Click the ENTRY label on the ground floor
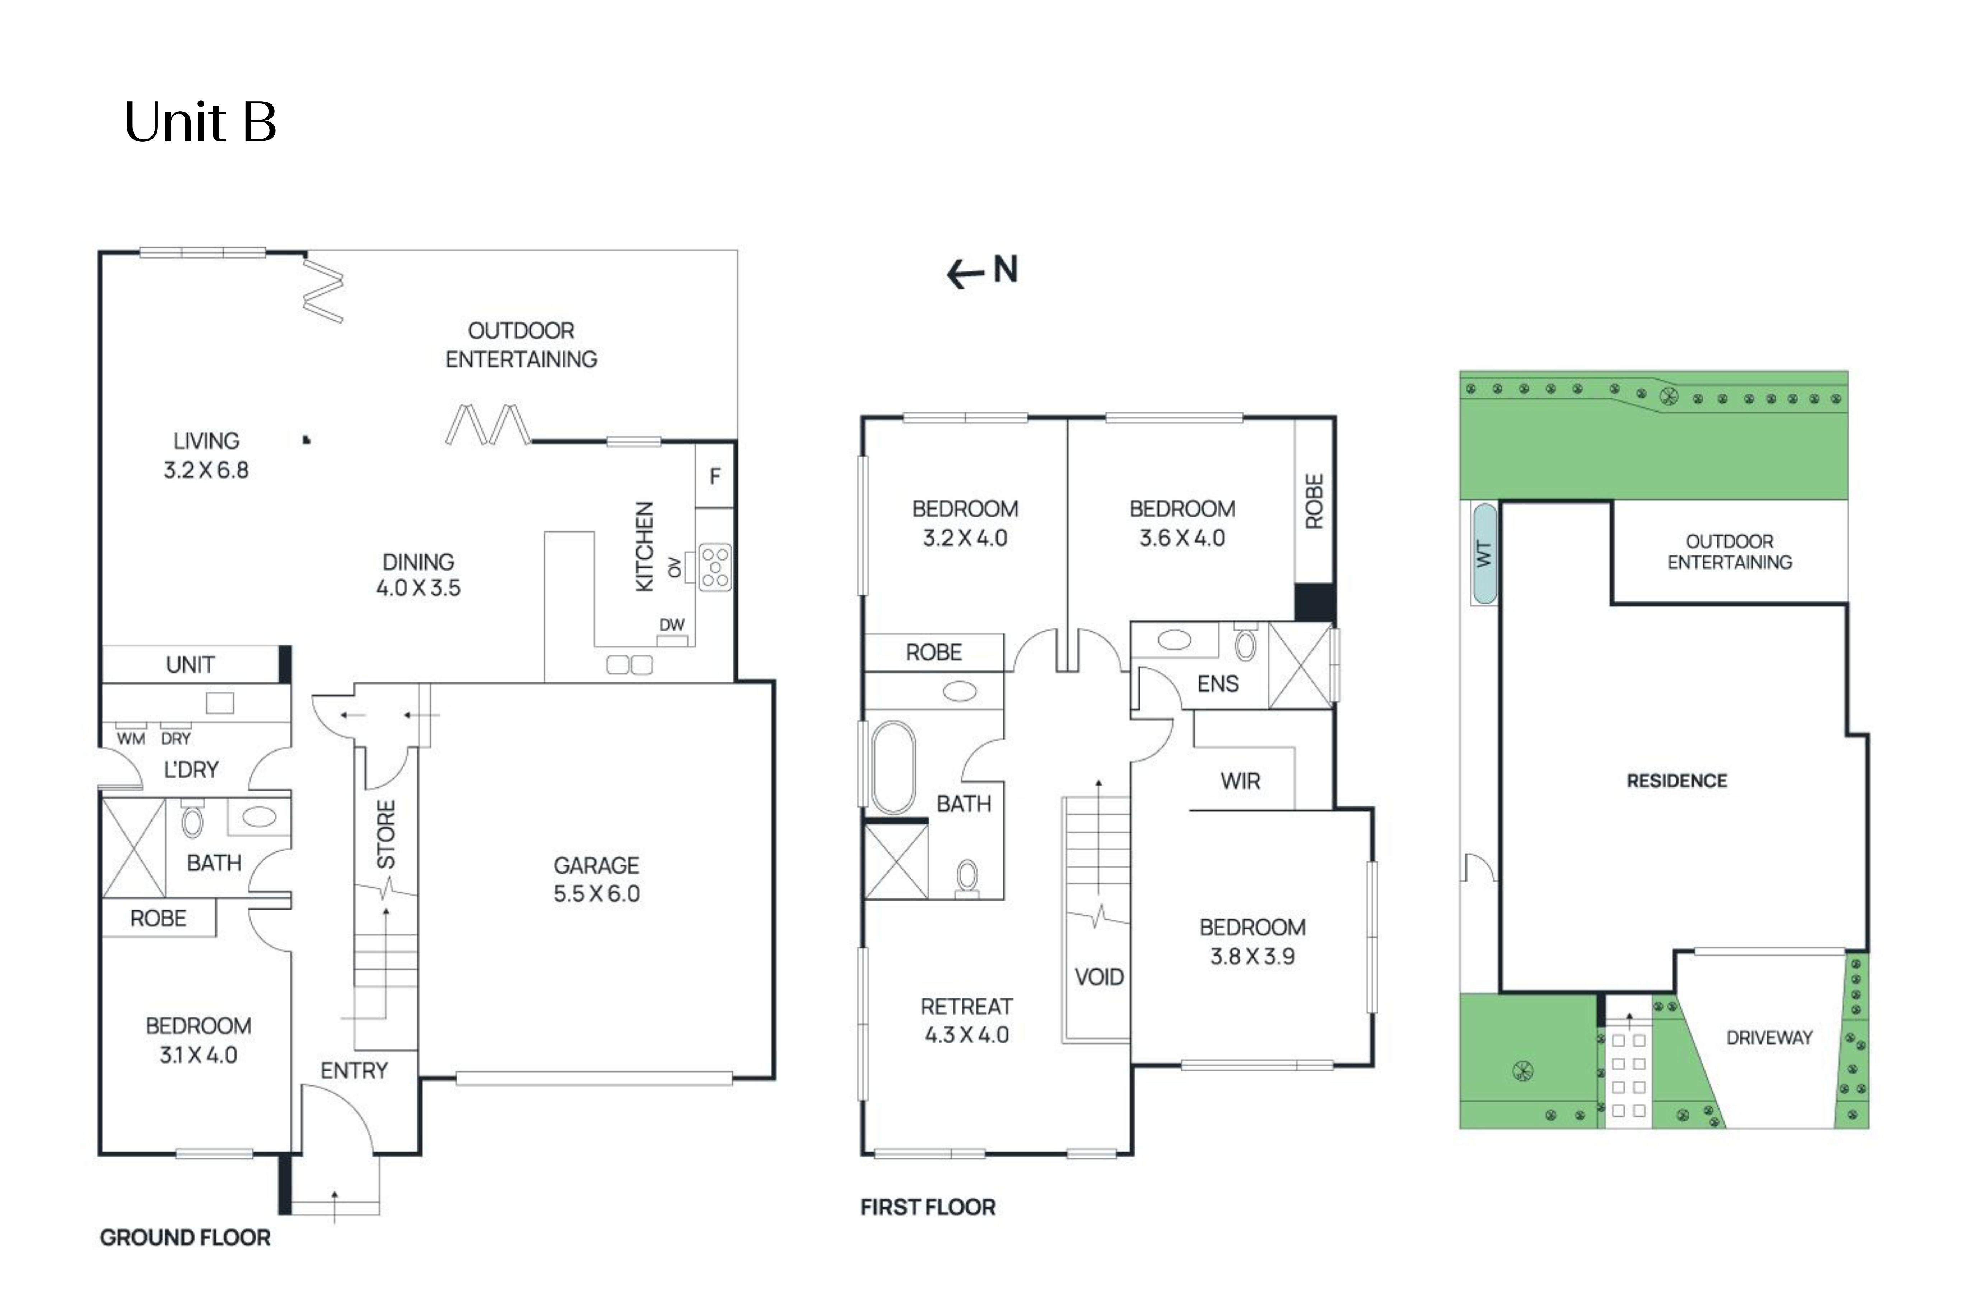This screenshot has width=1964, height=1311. click(354, 1071)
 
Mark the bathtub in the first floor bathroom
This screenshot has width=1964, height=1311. click(892, 768)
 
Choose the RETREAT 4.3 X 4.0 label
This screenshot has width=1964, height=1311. click(966, 1021)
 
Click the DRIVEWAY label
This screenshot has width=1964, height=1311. click(1768, 1038)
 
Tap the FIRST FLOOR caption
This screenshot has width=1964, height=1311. click(928, 1207)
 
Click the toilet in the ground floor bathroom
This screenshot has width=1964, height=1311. click(192, 821)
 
